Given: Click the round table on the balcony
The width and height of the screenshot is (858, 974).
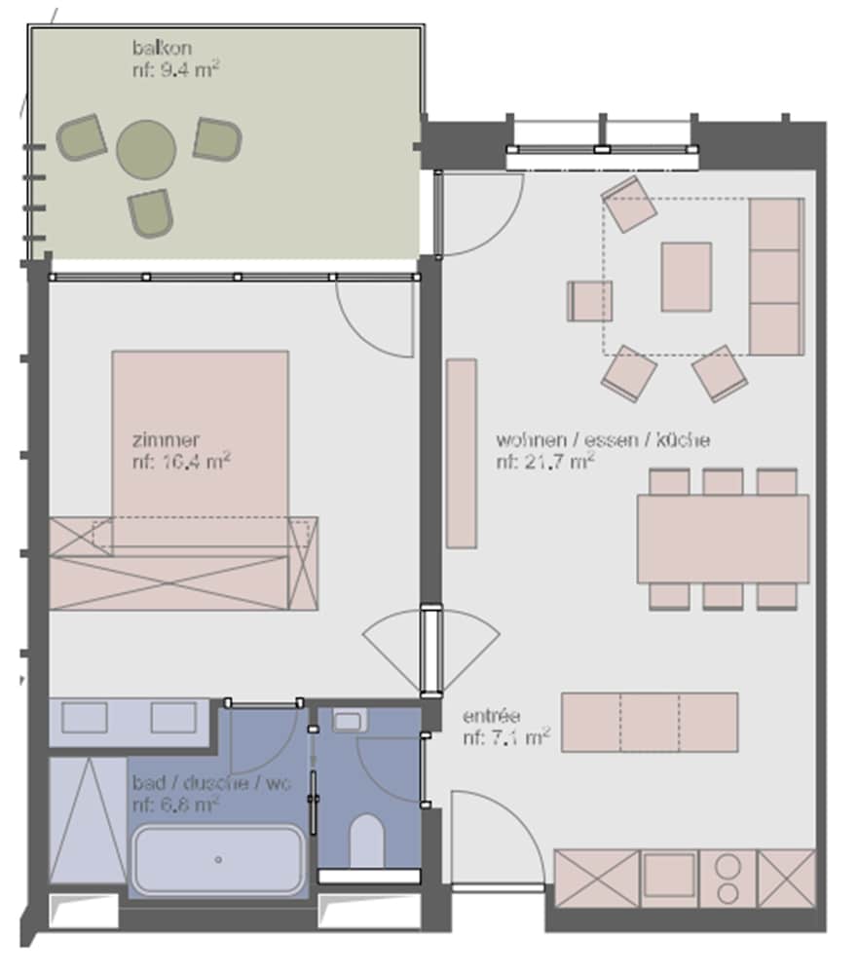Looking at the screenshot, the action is [x=146, y=149].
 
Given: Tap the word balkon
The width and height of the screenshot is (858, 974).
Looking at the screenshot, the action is [x=162, y=48].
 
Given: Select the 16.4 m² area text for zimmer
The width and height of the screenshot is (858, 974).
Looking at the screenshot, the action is [x=181, y=462].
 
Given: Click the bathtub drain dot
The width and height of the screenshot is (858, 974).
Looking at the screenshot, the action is [x=218, y=860].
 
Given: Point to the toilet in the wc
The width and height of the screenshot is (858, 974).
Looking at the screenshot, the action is [x=366, y=842].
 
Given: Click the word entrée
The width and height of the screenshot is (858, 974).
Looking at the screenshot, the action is [x=491, y=716].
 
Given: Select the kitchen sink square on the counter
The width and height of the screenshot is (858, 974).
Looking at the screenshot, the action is [x=669, y=875].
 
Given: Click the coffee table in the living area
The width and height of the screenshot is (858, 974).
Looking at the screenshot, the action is [x=687, y=277].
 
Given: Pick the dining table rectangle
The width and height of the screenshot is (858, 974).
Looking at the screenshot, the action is [x=724, y=539].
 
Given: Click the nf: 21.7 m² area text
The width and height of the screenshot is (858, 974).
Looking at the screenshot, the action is [x=545, y=462].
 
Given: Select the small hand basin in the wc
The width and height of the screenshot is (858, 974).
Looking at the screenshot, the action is [x=348, y=721].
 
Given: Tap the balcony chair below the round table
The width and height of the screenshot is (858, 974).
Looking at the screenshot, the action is [x=150, y=213].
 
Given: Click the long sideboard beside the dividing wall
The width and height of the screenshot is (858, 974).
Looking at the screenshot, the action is [x=462, y=454].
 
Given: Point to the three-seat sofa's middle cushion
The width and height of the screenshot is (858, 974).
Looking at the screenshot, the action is [x=775, y=277].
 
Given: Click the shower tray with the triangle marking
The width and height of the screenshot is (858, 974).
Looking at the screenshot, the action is [x=88, y=819].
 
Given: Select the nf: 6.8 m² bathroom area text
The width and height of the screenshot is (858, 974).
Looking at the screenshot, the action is [x=176, y=805].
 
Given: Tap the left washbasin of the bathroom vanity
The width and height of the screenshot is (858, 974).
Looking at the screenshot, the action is [x=84, y=718].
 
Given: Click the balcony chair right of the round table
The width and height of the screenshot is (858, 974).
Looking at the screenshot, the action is [x=217, y=139].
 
